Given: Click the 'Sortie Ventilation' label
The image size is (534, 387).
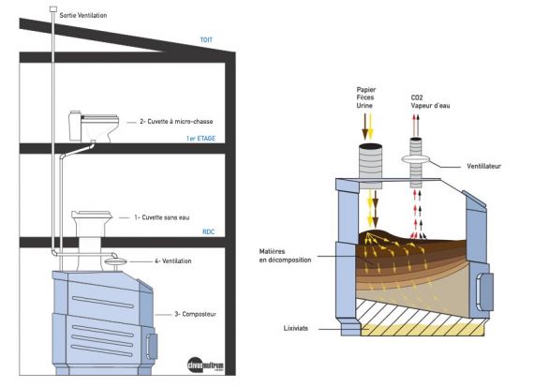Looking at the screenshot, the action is (x=83, y=15).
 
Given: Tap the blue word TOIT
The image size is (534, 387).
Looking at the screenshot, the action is (x=206, y=40).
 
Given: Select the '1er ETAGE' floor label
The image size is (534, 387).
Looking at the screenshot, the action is (x=200, y=139).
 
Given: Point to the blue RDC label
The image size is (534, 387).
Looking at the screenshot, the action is (x=208, y=232).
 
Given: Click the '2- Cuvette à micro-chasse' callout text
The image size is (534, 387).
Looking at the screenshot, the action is (x=176, y=121).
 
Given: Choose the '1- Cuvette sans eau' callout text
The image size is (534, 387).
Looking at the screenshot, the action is (x=162, y=217).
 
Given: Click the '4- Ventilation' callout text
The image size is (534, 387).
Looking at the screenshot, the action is (x=172, y=260).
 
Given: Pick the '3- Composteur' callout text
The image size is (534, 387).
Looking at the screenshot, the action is (x=195, y=314).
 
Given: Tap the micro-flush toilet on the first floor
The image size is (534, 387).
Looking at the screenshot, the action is (x=94, y=127).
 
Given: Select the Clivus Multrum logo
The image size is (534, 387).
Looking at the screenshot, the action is (x=206, y=365).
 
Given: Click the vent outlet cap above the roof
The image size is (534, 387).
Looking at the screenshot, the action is (x=53, y=9).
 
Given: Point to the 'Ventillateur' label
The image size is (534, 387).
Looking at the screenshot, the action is (x=484, y=166).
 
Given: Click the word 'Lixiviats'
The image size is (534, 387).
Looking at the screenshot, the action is (x=296, y=328).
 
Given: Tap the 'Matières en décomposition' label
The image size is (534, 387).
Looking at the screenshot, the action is (x=285, y=256).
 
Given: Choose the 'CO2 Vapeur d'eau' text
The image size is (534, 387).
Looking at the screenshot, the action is (x=430, y=101).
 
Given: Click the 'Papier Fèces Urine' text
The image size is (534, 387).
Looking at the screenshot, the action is (x=366, y=97).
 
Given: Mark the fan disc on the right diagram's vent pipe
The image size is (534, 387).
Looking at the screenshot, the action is (x=416, y=158).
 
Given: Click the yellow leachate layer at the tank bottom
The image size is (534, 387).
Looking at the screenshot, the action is (x=423, y=330).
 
